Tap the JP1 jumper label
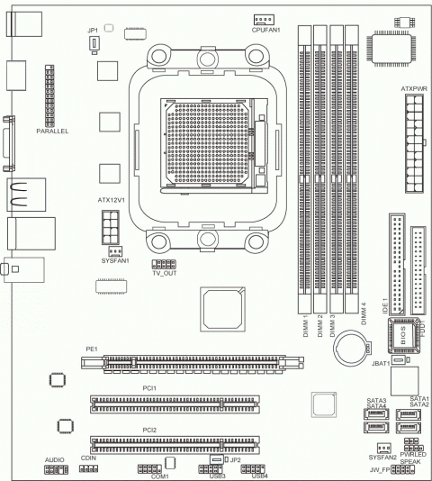93,31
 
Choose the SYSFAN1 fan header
115,251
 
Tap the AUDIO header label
55,458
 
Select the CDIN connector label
88,458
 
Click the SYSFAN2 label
382,458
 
